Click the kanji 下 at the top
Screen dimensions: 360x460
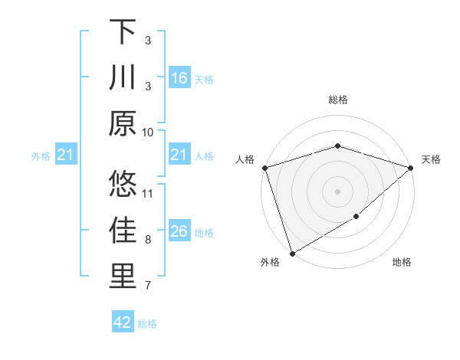pos(123,33)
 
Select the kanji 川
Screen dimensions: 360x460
pos(123,77)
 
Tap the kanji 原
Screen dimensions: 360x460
pos(123,122)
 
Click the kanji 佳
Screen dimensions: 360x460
pos(123,231)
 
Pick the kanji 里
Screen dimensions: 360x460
pos(123,277)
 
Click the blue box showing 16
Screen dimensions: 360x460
pos(179,78)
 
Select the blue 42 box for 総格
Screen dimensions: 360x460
pos(123,322)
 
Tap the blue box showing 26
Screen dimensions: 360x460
pos(179,232)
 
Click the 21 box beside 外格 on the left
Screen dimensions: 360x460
pos(66,156)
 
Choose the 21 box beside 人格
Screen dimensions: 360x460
pos(179,155)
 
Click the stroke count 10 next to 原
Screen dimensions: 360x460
pos(148,132)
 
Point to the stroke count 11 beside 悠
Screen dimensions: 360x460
pos(148,193)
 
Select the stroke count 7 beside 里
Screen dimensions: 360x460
pos(148,286)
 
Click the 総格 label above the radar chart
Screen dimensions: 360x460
pos(337,100)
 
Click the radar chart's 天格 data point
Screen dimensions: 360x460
pos(411,168)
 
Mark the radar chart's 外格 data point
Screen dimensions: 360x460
pos(292,253)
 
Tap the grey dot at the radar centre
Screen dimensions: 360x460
pos(337,191)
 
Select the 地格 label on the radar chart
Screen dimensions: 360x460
pos(402,263)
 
